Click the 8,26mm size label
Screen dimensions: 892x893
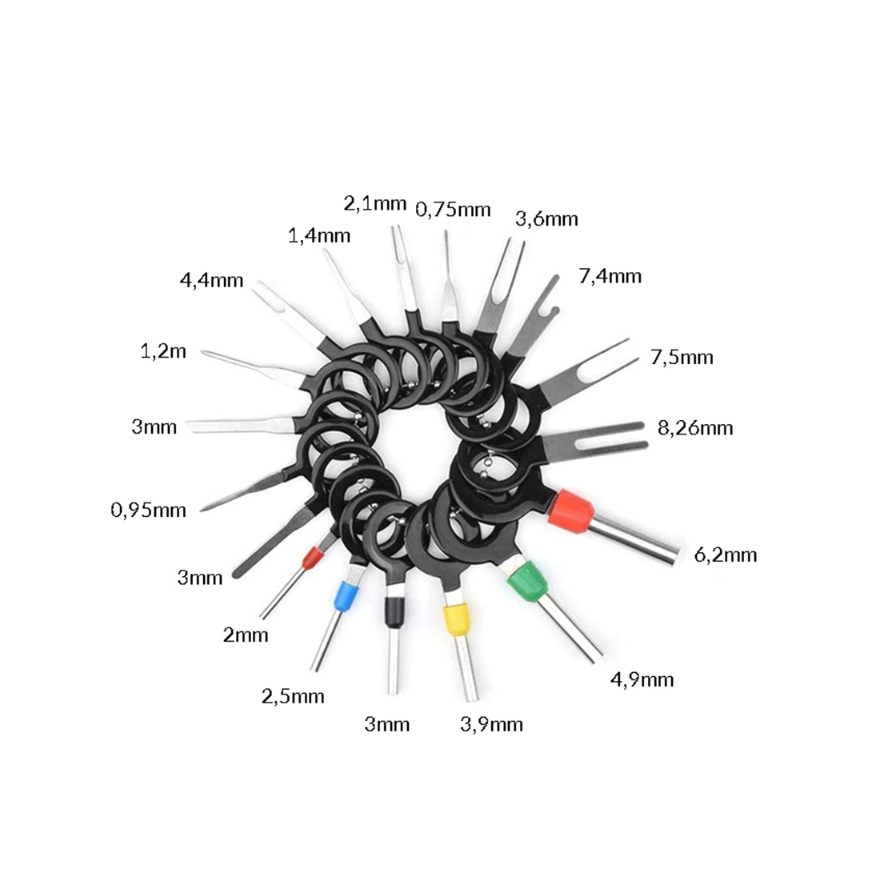point(695,428)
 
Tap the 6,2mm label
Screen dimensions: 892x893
point(726,555)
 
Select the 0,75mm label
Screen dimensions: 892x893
point(453,210)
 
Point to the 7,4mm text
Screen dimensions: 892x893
point(610,277)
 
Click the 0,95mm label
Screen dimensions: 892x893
point(148,511)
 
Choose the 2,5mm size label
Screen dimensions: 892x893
point(293,696)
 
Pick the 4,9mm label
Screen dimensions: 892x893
point(642,680)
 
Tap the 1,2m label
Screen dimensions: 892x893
point(163,351)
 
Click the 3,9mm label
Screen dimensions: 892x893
point(491,725)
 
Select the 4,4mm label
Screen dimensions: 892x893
point(211,281)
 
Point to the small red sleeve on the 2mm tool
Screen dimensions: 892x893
point(311,559)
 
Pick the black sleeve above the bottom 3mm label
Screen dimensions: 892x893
point(392,612)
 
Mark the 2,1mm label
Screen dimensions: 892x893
point(374,203)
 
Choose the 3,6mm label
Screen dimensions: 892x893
point(546,219)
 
